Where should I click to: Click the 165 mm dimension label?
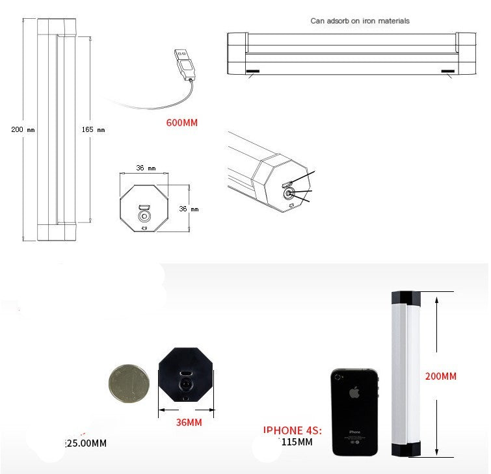(x=92, y=129)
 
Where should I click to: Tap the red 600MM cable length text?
(x=182, y=122)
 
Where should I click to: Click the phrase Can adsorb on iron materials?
(x=360, y=21)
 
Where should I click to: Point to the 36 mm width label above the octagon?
(x=145, y=168)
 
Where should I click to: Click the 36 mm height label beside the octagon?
(x=189, y=209)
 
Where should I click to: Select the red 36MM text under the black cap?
(x=189, y=423)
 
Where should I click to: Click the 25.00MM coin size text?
(x=85, y=443)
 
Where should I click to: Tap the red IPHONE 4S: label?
(x=293, y=430)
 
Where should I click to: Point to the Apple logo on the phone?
(x=354, y=393)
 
